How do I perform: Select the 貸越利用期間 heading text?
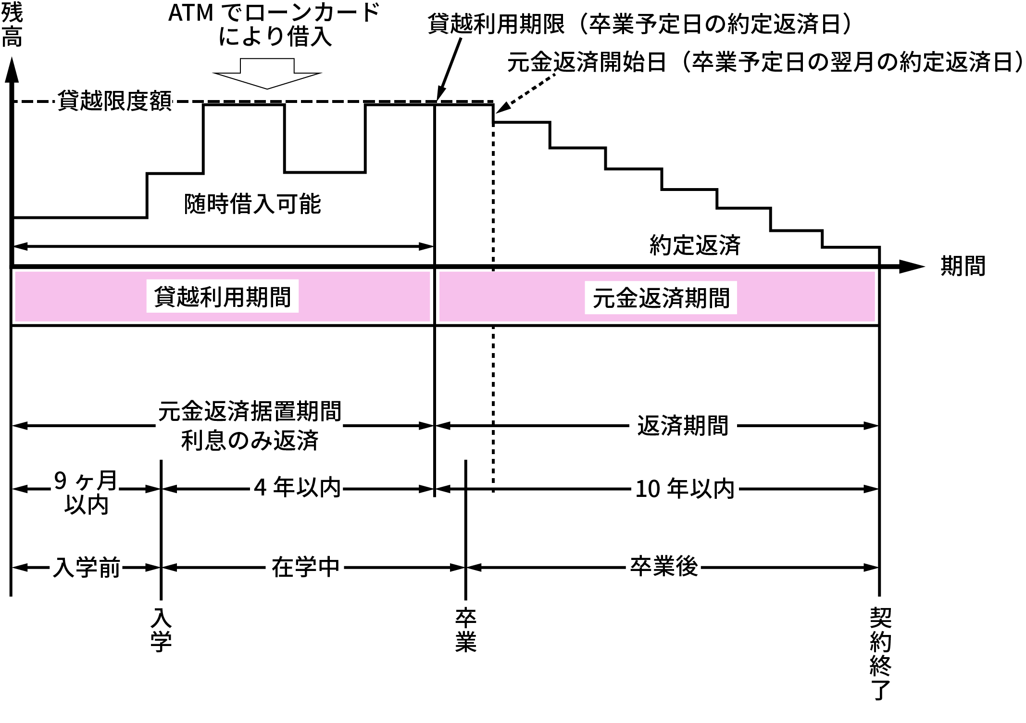pos(222,297)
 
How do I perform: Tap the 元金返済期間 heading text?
pos(661,298)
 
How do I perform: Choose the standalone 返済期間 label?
pos(683,426)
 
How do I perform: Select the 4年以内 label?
pos(297,487)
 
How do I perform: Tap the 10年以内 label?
pos(685,489)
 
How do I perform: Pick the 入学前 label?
pos(86,568)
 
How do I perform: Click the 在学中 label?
pos(305,568)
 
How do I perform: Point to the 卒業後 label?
pos(663,567)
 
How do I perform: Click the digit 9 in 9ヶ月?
pos(60,480)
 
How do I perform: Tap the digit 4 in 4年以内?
pos(260,488)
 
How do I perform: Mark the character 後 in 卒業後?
pos(687,567)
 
